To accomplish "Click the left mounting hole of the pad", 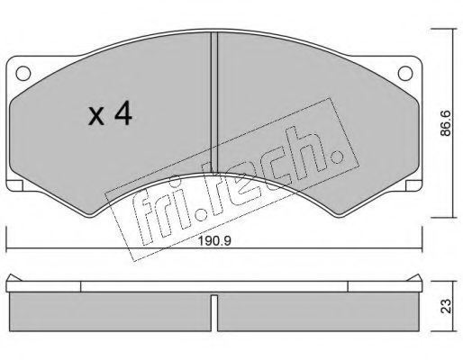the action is coord(23,73).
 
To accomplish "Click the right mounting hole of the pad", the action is coord(405,73).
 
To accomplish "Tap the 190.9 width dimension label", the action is coord(215,241).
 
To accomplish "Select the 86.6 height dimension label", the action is coord(446,123).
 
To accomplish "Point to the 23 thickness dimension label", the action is coord(446,306).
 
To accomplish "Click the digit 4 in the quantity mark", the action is coord(123,113).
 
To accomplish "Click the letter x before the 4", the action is coord(96,117).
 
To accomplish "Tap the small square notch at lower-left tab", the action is coord(14,185).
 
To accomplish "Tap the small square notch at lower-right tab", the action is coord(413,185).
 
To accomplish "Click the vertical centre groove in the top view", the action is coord(213,102).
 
